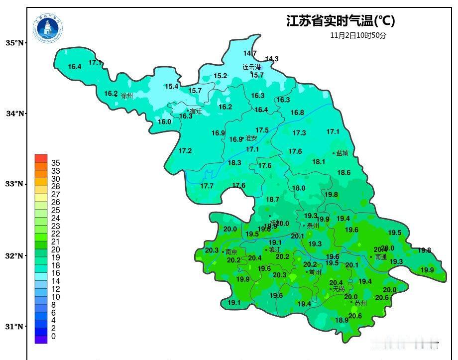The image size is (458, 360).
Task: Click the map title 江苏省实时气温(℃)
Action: point(341,21)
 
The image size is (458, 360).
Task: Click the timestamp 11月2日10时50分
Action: point(358,35)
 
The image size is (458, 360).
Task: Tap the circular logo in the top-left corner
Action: point(48,28)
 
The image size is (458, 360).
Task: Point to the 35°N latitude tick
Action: point(25,43)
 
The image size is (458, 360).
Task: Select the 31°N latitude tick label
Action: point(14,327)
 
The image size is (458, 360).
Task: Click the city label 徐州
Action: point(127,96)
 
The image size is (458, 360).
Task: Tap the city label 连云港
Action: point(251,67)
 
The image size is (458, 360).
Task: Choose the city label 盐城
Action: point(342,153)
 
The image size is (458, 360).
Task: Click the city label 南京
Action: point(231,252)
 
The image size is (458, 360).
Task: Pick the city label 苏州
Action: point(360,303)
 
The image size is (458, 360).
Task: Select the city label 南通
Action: point(381,257)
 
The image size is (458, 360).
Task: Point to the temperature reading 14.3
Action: point(272,59)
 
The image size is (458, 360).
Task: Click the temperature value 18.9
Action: point(342,320)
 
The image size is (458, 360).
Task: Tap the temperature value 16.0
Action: point(164,121)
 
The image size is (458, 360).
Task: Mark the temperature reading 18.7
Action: point(272,199)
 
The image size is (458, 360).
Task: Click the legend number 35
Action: point(55,163)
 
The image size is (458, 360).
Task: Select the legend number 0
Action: point(53,337)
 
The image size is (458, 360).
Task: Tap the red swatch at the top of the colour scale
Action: point(41,158)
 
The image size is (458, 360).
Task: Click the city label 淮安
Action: point(251,138)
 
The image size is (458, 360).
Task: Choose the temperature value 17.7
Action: point(207,186)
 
